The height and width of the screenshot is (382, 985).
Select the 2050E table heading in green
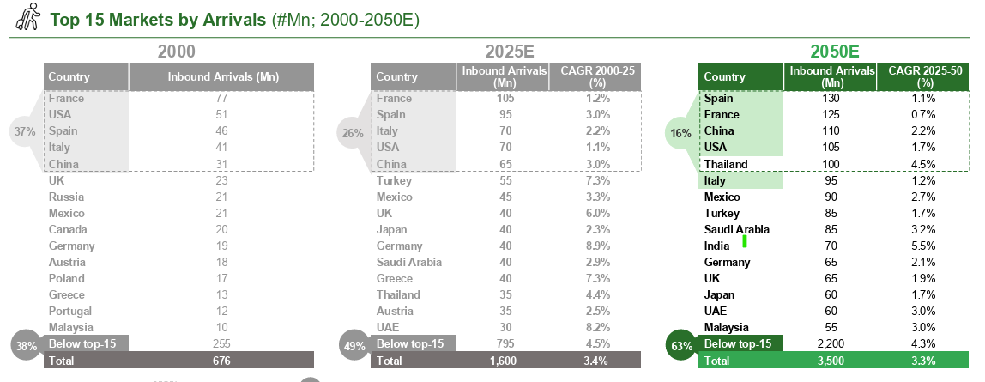point(835,52)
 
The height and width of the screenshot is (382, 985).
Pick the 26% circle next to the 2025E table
point(352,133)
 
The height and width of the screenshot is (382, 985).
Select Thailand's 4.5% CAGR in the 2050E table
point(923,165)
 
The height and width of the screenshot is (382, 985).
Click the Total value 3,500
point(831,361)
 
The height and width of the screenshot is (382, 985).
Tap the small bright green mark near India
point(745,241)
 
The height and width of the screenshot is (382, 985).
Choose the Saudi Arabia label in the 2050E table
point(736,230)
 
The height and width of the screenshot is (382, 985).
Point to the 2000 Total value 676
point(222,361)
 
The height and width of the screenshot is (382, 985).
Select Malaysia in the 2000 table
point(69,328)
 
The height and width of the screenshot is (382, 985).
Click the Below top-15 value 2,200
point(831,344)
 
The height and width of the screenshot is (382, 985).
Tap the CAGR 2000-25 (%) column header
point(595,76)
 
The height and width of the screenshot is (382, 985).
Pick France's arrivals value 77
point(221,99)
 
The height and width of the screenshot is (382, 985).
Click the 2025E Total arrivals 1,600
point(505,361)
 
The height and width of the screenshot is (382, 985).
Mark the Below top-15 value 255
point(221,344)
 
